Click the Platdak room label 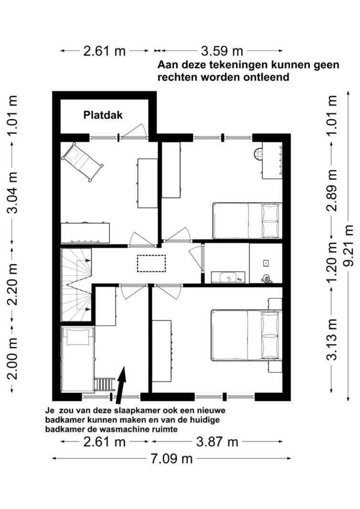(x=103, y=115)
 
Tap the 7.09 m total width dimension (x=171, y=459)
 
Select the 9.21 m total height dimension (x=349, y=245)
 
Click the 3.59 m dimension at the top (x=222, y=51)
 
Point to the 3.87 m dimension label (x=217, y=441)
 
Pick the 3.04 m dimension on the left (x=13, y=193)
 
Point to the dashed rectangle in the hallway (x=151, y=263)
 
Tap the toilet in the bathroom (x=266, y=279)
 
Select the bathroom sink (x=228, y=277)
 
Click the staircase (x=77, y=285)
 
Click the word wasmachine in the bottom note (x=120, y=429)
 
